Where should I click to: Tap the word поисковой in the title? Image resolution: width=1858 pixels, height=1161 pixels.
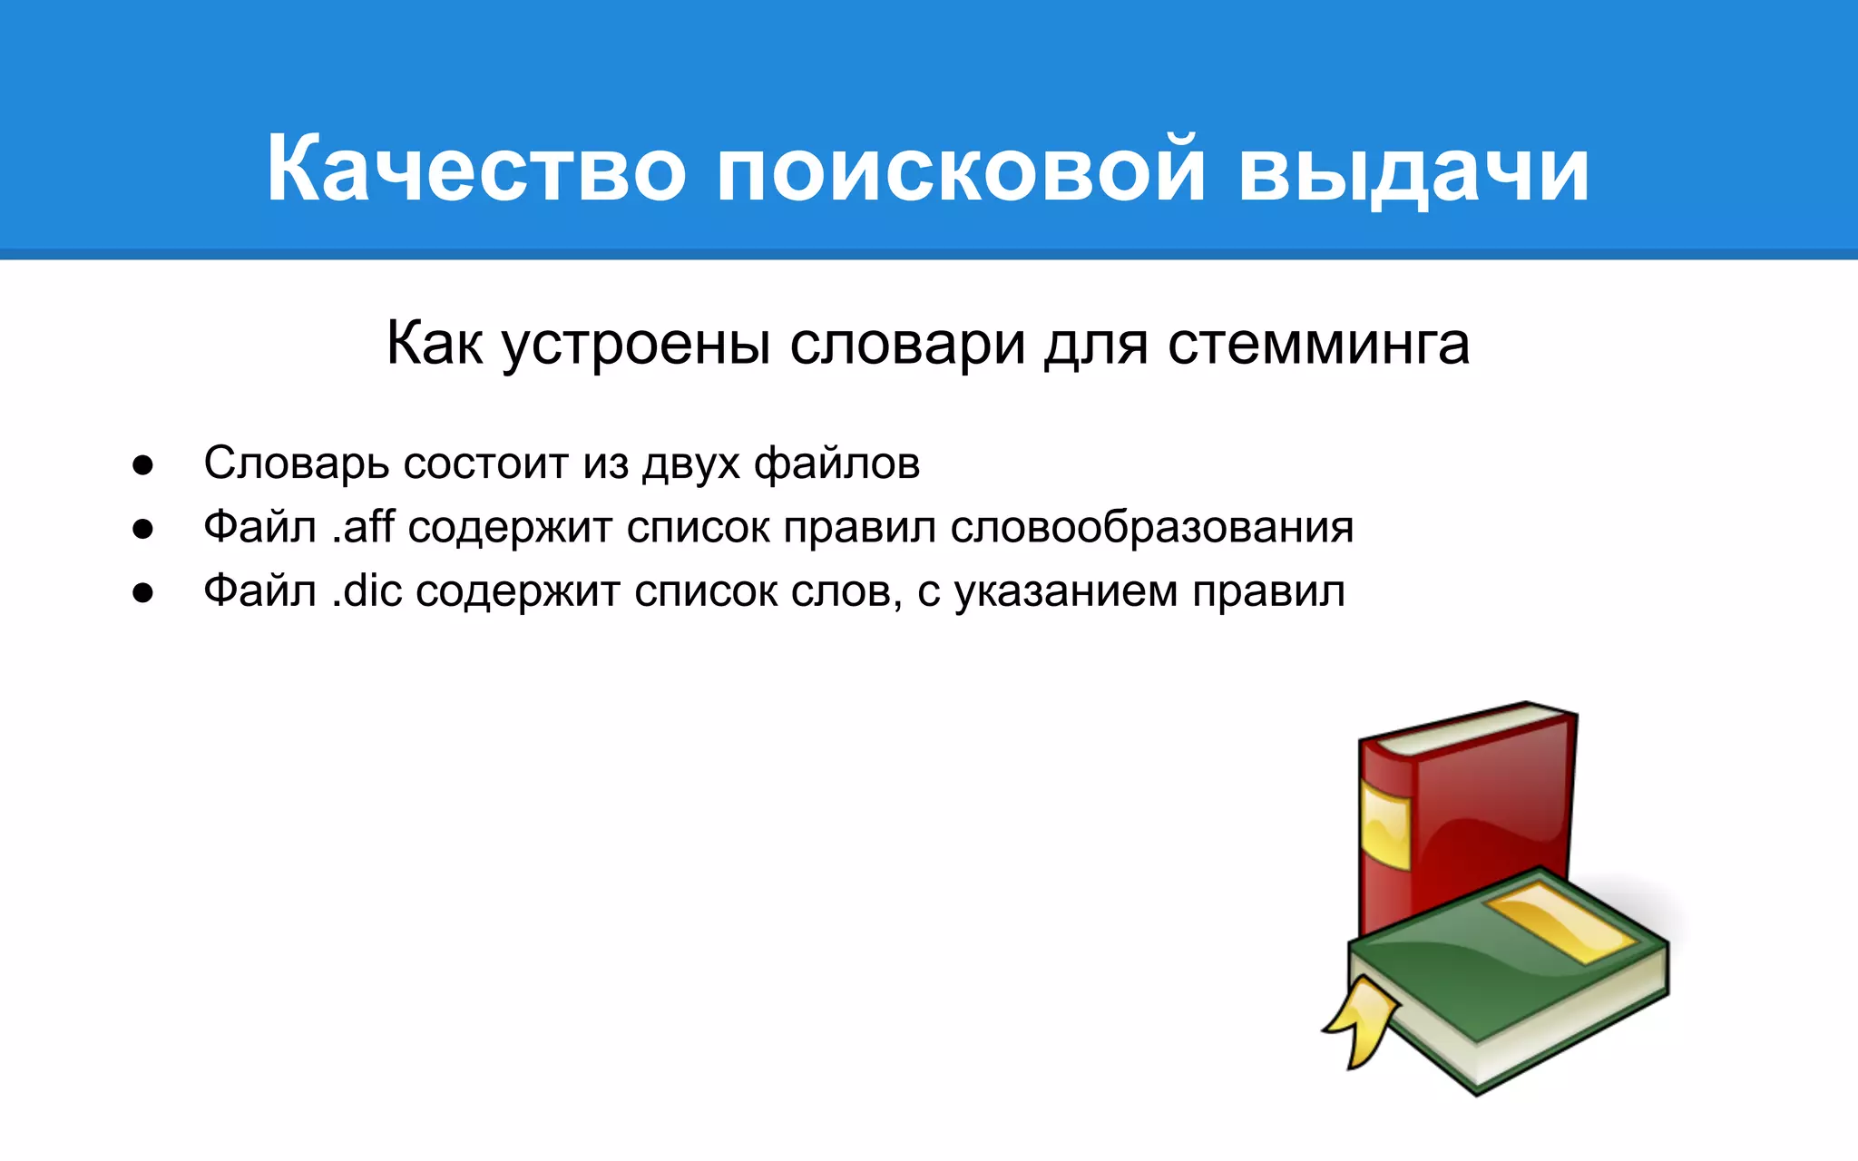click(x=961, y=170)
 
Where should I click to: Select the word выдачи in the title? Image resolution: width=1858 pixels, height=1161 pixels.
click(x=1413, y=170)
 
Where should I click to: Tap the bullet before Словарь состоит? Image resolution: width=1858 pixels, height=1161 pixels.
click(x=142, y=465)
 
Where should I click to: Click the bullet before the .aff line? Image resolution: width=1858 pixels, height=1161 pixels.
click(x=142, y=529)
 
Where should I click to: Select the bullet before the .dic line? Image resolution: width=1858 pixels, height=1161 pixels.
click(x=142, y=593)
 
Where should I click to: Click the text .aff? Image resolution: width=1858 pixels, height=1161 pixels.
click(x=363, y=527)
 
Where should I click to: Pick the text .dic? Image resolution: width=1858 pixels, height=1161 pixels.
click(x=367, y=591)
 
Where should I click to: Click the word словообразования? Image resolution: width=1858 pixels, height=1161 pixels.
click(x=1152, y=527)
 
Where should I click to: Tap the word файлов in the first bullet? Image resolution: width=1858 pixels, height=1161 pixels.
click(x=836, y=463)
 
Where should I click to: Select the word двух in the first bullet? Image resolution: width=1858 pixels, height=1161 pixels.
click(x=690, y=463)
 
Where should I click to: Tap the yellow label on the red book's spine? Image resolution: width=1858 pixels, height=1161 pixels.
click(x=1385, y=825)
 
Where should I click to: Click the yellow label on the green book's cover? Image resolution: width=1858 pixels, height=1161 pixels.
click(x=1560, y=921)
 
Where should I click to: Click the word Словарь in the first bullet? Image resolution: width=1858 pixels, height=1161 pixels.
click(x=296, y=463)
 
